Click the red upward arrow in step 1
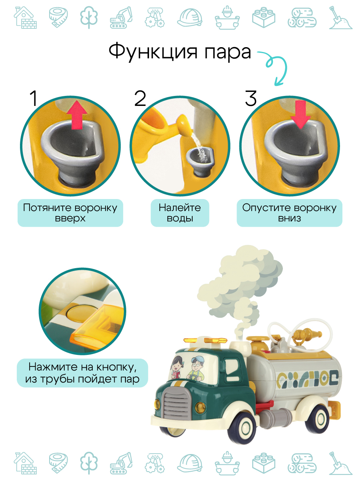click(x=77, y=114)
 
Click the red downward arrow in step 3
click(x=300, y=114)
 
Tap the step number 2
click(x=140, y=99)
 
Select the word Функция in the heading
click(x=153, y=52)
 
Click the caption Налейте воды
click(x=180, y=213)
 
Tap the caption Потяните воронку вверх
click(x=70, y=213)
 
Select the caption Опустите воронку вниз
click(x=289, y=213)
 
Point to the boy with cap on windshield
click(x=196, y=369)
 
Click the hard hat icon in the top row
click(x=190, y=17)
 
